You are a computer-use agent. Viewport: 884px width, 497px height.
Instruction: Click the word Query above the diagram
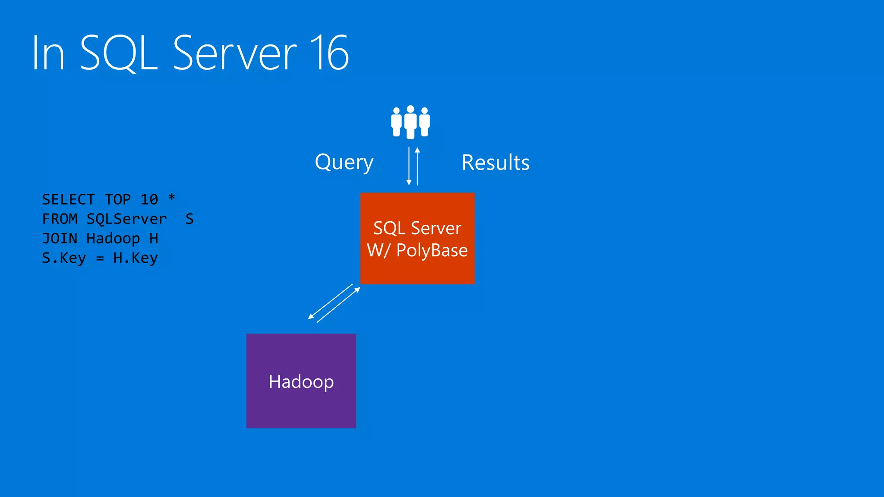[344, 163]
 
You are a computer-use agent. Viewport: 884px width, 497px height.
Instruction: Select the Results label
[496, 163]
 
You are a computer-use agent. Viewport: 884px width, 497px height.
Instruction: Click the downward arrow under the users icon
[409, 167]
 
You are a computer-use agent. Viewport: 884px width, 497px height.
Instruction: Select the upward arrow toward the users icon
[417, 167]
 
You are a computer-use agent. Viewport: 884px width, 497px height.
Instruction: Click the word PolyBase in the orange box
[432, 251]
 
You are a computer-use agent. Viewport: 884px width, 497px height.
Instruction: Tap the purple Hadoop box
[301, 381]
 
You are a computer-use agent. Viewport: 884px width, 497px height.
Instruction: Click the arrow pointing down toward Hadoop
[330, 301]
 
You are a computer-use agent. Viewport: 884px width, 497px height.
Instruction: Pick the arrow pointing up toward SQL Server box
[339, 305]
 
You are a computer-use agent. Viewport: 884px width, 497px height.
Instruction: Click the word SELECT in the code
[68, 200]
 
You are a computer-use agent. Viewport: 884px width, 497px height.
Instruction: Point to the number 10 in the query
[149, 200]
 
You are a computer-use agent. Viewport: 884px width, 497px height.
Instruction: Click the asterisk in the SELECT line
[172, 198]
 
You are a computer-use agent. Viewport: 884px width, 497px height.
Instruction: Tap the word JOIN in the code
[60, 239]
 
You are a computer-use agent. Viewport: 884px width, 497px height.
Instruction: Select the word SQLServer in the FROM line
[126, 219]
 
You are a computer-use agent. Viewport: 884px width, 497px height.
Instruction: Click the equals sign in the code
[100, 258]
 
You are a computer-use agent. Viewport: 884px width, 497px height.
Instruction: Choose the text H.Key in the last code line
[136, 258]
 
